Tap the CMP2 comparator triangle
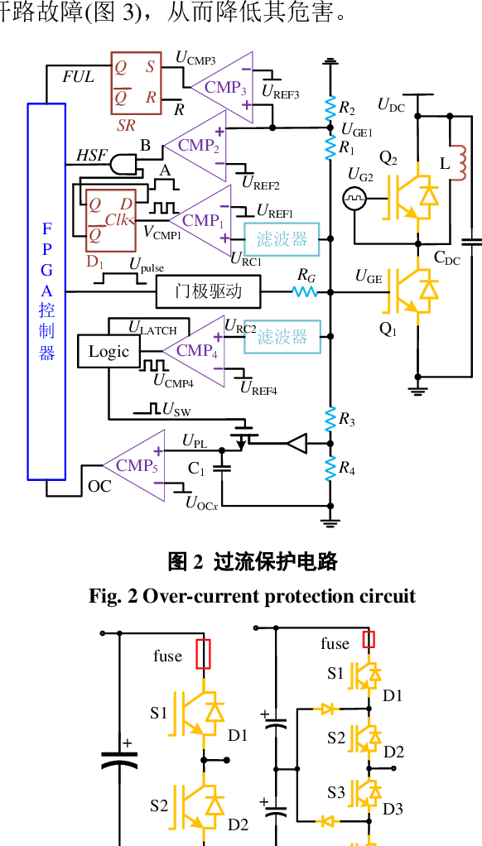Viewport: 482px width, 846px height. click(195, 146)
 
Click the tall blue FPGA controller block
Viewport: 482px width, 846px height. click(46, 291)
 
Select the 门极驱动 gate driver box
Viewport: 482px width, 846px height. click(208, 291)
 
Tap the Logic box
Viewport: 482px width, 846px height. click(108, 352)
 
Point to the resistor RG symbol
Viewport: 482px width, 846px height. click(305, 291)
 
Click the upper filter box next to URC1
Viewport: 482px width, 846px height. click(281, 238)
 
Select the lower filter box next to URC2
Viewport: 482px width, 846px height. click(281, 336)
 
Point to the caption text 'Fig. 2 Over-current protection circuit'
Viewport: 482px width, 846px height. click(253, 596)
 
